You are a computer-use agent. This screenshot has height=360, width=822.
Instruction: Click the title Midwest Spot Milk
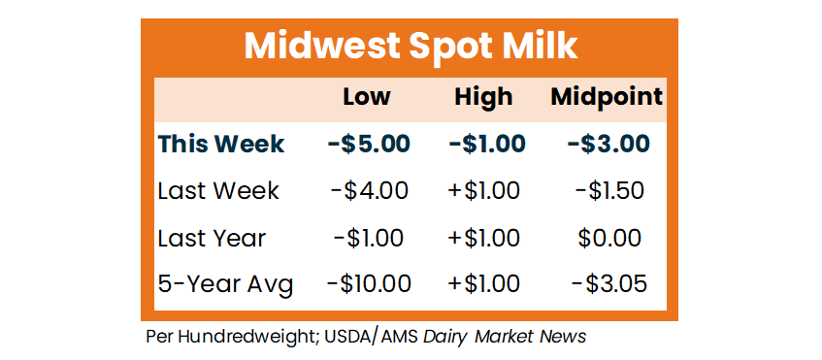click(411, 48)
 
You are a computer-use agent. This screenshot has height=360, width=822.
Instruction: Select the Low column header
click(367, 97)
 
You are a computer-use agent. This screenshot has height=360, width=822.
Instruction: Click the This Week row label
click(221, 145)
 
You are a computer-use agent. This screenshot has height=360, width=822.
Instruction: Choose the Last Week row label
click(218, 191)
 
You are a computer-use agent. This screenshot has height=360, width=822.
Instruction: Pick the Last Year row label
click(212, 239)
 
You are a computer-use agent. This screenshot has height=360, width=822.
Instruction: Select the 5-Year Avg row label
click(225, 285)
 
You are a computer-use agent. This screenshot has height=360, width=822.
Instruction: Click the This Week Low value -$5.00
click(369, 145)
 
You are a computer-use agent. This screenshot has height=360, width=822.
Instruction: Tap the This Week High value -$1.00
click(487, 145)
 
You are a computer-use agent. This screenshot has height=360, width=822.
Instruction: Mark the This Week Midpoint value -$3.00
click(608, 145)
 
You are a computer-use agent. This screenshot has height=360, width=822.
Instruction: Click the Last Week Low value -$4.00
click(369, 191)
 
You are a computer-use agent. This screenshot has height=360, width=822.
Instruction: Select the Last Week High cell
click(484, 191)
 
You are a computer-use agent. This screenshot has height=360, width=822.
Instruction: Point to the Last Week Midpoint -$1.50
click(609, 191)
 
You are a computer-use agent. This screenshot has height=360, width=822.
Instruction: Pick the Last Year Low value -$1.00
click(369, 239)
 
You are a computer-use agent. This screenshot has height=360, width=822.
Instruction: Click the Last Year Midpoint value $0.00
click(609, 239)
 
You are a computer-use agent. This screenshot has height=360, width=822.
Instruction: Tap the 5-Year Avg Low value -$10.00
click(369, 284)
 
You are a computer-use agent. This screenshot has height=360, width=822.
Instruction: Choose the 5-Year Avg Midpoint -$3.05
click(609, 284)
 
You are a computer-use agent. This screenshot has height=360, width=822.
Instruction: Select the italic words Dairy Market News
click(505, 337)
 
